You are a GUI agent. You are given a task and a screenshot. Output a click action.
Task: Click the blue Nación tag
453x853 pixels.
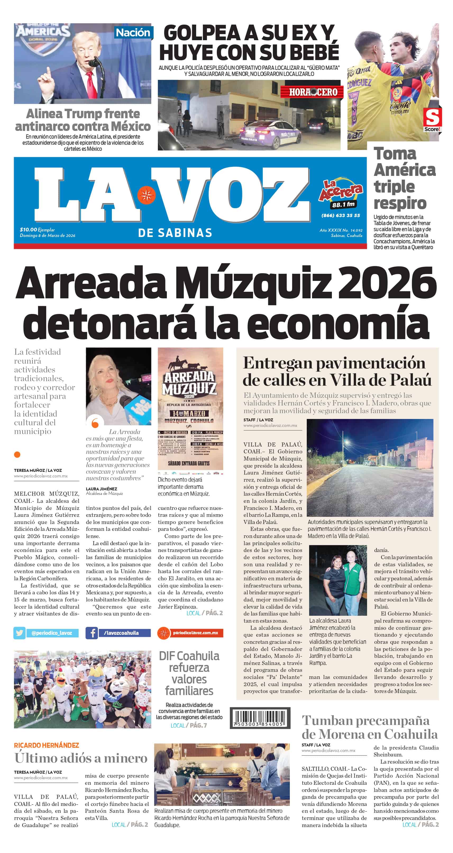[x=133, y=33]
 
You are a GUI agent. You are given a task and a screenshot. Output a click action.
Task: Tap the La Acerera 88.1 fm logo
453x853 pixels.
[x=341, y=194]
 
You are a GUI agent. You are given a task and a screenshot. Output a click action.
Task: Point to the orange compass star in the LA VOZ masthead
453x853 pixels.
[x=146, y=195]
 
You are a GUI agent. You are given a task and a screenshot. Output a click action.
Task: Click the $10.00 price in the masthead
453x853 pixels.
[x=28, y=230]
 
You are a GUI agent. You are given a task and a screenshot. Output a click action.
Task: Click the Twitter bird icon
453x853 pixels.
[x=20, y=633]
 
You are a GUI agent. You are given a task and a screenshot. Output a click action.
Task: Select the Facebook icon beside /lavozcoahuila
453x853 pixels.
[x=92, y=633]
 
